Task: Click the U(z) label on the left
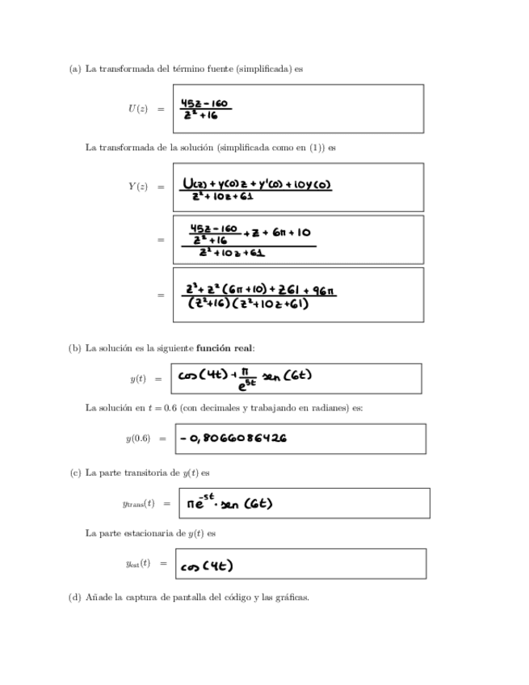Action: [x=137, y=109]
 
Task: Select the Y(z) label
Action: [x=137, y=187]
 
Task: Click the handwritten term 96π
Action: [x=320, y=289]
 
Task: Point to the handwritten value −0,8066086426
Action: [x=234, y=439]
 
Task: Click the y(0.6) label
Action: [x=134, y=439]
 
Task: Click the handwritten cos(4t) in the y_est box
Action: [x=207, y=565]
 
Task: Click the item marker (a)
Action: [x=74, y=69]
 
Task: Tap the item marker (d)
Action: [x=74, y=597]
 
